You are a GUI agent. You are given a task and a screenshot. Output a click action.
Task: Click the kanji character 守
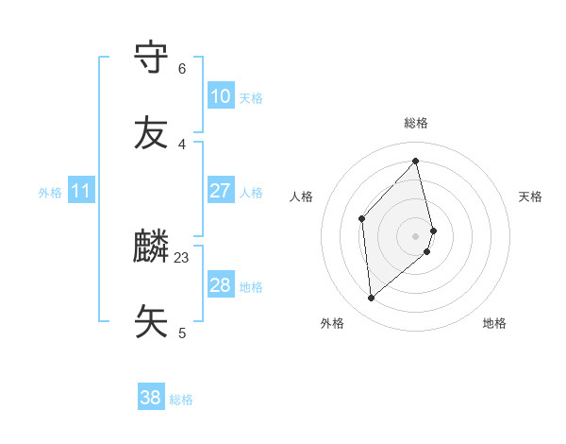click(152, 59)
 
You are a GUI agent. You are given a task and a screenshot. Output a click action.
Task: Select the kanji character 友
click(152, 132)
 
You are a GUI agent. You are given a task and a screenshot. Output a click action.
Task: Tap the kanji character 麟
click(152, 248)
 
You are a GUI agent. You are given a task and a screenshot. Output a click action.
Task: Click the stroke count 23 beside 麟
click(182, 257)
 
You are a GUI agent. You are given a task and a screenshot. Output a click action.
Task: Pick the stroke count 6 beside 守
click(182, 69)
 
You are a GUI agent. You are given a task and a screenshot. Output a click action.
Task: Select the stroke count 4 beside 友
click(182, 144)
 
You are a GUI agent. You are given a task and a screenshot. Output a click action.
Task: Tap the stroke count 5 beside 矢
click(182, 333)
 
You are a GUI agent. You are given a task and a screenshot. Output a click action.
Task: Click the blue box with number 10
click(220, 96)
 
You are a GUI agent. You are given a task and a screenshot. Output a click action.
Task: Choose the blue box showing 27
click(220, 191)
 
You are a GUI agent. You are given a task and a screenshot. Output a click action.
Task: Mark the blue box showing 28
click(220, 285)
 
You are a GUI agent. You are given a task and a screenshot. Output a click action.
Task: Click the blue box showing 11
click(80, 191)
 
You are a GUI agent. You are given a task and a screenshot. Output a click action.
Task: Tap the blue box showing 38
click(150, 399)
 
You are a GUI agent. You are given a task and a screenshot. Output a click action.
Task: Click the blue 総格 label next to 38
click(181, 400)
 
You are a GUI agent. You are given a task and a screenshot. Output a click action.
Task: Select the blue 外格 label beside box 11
click(50, 193)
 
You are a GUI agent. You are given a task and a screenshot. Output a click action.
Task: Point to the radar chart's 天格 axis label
click(530, 196)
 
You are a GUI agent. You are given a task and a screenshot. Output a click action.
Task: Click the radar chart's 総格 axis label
click(416, 123)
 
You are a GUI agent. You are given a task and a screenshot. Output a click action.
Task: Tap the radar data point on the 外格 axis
click(372, 299)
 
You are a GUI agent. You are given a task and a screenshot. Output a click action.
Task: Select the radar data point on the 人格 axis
click(361, 219)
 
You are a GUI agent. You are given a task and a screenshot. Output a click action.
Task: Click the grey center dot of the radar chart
click(416, 235)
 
